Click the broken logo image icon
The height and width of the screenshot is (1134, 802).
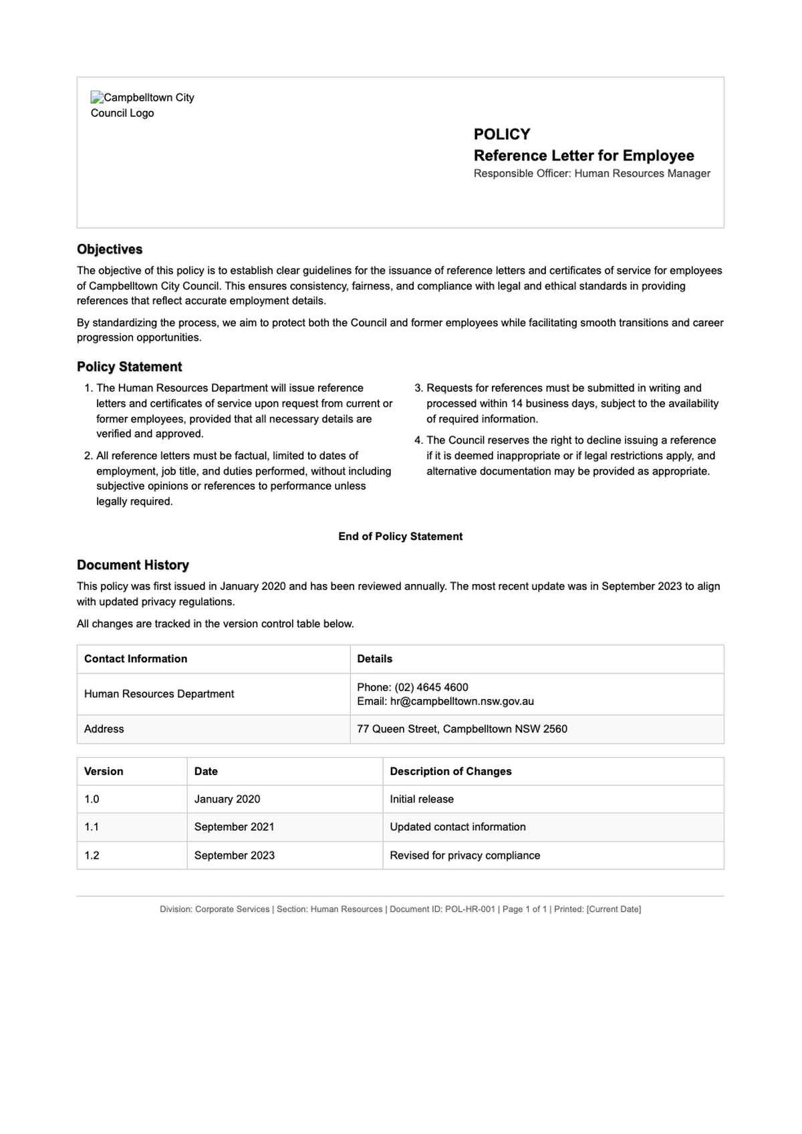pyautogui.click(x=97, y=98)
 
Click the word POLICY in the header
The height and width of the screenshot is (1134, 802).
pyautogui.click(x=501, y=134)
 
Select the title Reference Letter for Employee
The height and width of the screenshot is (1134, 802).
pyautogui.click(x=583, y=156)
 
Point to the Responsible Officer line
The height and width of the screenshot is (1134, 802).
pyautogui.click(x=591, y=174)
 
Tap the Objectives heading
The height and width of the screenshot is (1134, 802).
pyautogui.click(x=110, y=249)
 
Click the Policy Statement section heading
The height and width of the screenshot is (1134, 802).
pyautogui.click(x=129, y=367)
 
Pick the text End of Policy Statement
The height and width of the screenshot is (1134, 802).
pyautogui.click(x=400, y=537)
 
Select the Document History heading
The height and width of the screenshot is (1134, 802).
pyautogui.click(x=132, y=565)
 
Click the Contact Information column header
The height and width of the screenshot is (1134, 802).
pyautogui.click(x=136, y=659)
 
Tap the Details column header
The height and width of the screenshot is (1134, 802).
pyautogui.click(x=374, y=659)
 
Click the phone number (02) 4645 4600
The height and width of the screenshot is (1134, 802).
pyautogui.click(x=431, y=687)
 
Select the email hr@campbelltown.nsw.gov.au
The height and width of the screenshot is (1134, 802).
pyautogui.click(x=462, y=702)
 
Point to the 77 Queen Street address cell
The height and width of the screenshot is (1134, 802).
pyautogui.click(x=462, y=729)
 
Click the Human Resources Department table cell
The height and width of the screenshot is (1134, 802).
pyautogui.click(x=159, y=694)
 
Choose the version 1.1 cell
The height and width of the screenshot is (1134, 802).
pyautogui.click(x=92, y=827)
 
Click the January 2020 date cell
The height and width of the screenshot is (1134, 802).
pyautogui.click(x=227, y=799)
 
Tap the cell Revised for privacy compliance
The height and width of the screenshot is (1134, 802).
pyautogui.click(x=464, y=855)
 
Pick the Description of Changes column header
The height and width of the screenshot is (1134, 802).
pyautogui.click(x=450, y=771)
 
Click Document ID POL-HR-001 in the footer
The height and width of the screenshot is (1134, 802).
pyautogui.click(x=442, y=909)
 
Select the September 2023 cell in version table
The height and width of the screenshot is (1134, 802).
pyautogui.click(x=234, y=855)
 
